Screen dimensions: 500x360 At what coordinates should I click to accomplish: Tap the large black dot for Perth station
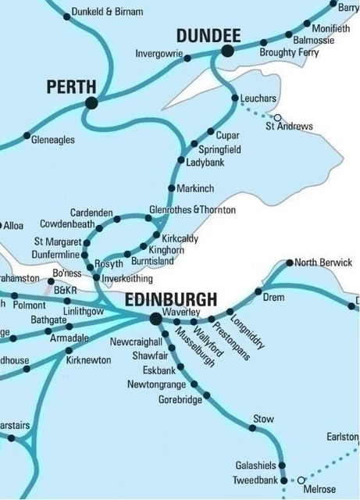91,102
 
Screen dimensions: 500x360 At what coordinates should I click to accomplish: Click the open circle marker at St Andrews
276,117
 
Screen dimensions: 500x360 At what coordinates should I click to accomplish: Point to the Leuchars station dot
235,98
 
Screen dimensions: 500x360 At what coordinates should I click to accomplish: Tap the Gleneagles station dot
27,135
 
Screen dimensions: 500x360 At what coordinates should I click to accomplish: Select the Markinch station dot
172,188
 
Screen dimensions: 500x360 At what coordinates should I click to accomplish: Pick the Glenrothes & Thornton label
191,210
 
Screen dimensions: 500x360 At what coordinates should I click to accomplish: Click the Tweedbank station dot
283,480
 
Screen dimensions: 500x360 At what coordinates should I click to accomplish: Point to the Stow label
263,420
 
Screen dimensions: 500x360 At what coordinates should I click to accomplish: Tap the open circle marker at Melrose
300,480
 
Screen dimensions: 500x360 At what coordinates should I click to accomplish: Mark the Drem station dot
258,291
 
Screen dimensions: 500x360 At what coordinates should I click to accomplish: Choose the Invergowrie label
159,55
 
